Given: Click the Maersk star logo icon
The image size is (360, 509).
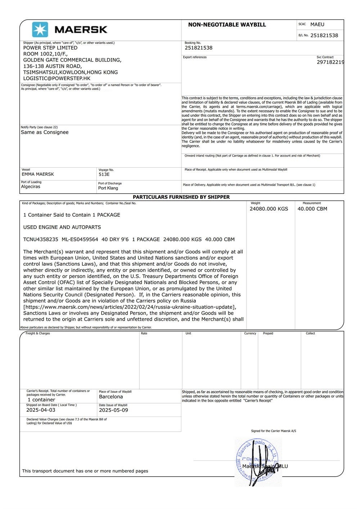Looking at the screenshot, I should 40,30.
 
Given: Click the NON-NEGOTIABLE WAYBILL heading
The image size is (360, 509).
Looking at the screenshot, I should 227,25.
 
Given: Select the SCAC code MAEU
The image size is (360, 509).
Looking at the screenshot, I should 317,24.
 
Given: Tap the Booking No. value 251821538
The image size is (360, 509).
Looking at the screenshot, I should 198,48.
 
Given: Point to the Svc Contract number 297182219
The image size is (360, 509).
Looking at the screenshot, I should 330,62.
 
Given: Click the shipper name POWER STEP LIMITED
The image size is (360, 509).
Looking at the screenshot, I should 50,48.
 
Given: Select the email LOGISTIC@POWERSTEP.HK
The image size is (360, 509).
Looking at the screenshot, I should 57,78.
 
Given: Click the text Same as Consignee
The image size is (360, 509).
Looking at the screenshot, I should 45,132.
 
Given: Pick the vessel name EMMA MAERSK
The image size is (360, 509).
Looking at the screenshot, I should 38,174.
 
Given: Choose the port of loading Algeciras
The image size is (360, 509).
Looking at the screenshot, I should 31,187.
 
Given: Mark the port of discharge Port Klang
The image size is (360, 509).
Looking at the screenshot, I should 108,188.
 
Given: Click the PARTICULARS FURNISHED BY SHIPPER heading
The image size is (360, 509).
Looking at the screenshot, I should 181,197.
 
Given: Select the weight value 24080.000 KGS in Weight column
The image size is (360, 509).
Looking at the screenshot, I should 269,209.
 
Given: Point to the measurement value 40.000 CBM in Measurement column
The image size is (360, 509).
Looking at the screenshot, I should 312,209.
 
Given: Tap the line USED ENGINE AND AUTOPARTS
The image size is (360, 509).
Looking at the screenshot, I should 62,227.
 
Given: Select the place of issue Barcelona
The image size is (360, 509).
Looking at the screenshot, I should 111,397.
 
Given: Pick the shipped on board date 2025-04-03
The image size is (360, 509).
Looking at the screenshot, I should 41,410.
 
